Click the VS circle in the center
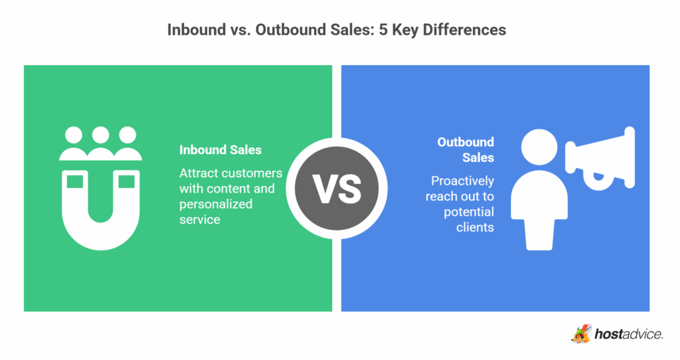337,188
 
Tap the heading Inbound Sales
220,150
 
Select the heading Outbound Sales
466,149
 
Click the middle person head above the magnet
100,135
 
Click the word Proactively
462,181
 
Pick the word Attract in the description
197,173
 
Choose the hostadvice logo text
628,334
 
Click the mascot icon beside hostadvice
581,333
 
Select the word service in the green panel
199,219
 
